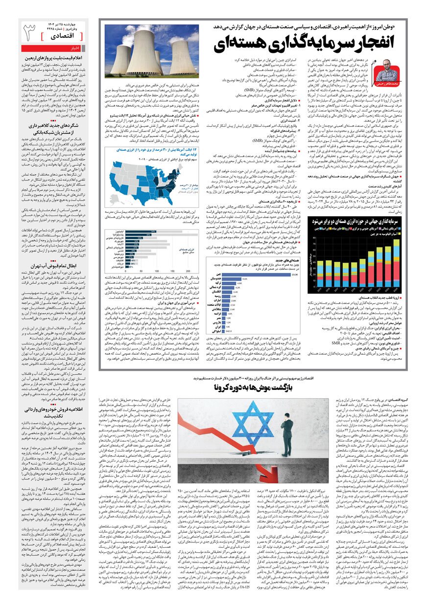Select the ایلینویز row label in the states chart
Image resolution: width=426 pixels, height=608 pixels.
117,231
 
